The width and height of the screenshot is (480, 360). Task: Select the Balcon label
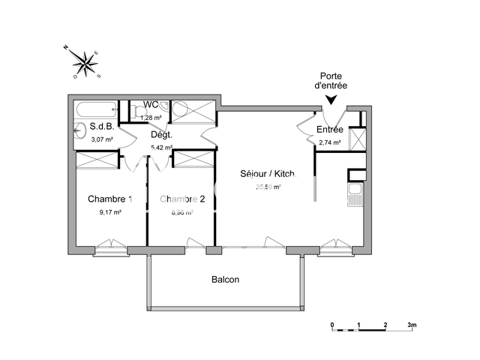click(225, 280)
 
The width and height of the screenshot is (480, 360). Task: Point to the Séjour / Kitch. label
click(268, 174)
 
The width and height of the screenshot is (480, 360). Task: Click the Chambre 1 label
click(110, 199)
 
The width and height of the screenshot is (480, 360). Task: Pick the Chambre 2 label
click(182, 199)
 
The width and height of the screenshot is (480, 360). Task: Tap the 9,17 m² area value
click(110, 212)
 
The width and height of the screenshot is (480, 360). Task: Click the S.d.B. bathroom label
click(101, 127)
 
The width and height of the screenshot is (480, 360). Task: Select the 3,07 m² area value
click(102, 139)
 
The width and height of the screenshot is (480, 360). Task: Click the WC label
click(151, 104)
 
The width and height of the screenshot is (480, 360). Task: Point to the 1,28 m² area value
click(151, 117)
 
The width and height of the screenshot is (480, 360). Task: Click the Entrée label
click(330, 129)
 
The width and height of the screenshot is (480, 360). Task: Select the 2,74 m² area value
click(330, 142)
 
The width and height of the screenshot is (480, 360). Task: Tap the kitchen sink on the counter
click(355, 198)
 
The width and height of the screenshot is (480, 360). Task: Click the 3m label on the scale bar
click(412, 325)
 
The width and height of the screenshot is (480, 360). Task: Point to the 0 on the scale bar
click(332, 325)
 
